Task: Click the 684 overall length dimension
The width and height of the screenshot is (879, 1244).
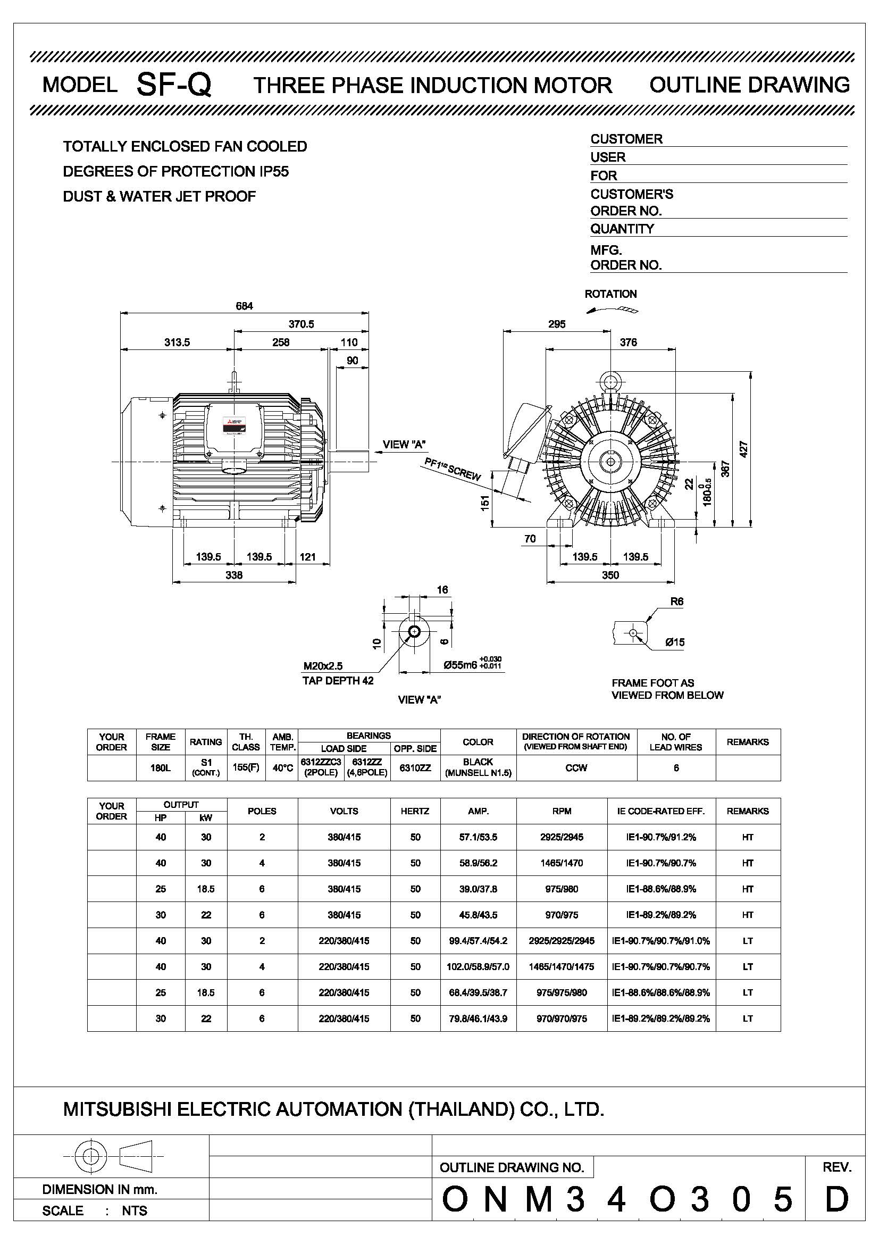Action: click(x=244, y=306)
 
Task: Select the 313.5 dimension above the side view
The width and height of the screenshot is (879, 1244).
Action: click(x=177, y=343)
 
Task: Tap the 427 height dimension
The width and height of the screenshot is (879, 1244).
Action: click(x=743, y=449)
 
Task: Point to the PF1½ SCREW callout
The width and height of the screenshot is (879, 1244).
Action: click(x=452, y=469)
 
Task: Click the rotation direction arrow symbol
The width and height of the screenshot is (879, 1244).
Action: click(x=613, y=310)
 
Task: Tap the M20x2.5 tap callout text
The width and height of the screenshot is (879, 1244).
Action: click(x=323, y=666)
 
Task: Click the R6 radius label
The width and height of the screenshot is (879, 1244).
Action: click(x=676, y=602)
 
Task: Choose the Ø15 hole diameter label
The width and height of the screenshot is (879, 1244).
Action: click(x=675, y=642)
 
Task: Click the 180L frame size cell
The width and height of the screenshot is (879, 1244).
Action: click(x=160, y=768)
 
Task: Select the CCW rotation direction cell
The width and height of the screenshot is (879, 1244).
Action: click(x=576, y=768)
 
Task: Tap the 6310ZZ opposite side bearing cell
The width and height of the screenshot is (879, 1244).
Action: click(x=415, y=768)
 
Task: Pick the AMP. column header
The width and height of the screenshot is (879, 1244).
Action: click(x=478, y=811)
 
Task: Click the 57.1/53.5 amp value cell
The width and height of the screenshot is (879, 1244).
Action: click(x=478, y=837)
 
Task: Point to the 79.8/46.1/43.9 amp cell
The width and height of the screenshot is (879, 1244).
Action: click(x=478, y=1018)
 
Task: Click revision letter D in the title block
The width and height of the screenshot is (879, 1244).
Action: click(x=836, y=1199)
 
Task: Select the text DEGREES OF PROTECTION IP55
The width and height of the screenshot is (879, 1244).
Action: click(x=176, y=172)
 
